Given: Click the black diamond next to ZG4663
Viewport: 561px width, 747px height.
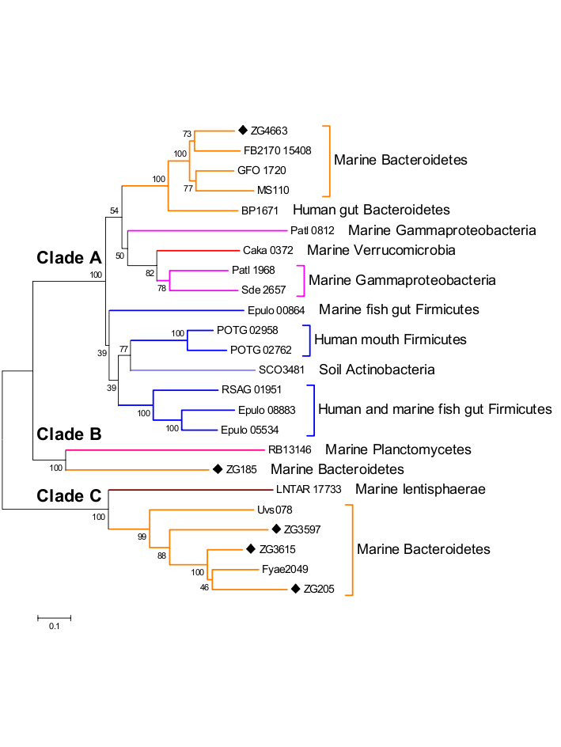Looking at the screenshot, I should [x=243, y=130].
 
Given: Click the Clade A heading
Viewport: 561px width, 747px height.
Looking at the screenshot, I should [x=69, y=257].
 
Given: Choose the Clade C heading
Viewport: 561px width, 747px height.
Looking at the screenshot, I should [x=68, y=496].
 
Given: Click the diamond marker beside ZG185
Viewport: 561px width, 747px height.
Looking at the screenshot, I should [x=216, y=469].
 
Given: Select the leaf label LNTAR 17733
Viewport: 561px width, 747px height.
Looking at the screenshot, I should [x=308, y=490].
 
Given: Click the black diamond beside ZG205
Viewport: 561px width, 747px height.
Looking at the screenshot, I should [x=296, y=589].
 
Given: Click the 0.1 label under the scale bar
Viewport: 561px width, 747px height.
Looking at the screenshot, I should [x=54, y=627].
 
